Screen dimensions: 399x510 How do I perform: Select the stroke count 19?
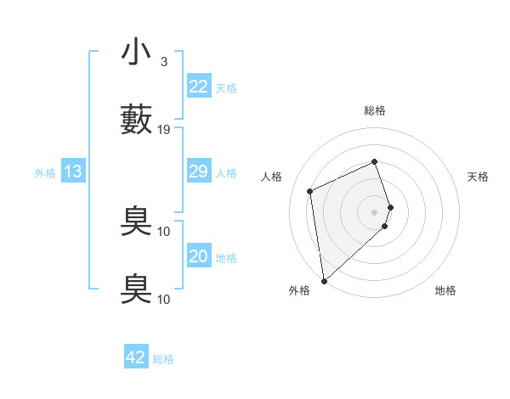(x=164, y=130)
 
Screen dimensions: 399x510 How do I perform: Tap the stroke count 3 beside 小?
(x=164, y=62)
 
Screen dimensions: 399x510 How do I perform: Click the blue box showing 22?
(x=198, y=86)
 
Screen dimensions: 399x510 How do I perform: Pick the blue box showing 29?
(x=198, y=171)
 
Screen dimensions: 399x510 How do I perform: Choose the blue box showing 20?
(x=198, y=256)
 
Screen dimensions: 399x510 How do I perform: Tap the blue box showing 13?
(x=73, y=171)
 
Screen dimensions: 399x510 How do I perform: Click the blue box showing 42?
(x=136, y=357)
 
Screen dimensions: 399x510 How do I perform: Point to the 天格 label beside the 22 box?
(x=226, y=88)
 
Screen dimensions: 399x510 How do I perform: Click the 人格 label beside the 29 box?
(x=226, y=173)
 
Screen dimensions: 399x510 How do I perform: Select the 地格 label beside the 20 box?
(x=226, y=258)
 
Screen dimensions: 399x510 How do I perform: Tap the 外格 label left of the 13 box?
(x=45, y=173)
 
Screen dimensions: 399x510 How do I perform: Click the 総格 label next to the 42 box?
(x=163, y=359)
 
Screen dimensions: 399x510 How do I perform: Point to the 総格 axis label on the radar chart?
(x=375, y=111)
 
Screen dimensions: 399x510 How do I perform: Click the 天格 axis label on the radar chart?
(x=479, y=177)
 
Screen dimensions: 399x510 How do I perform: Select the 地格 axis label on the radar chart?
(x=445, y=291)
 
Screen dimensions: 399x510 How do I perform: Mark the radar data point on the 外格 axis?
(x=324, y=280)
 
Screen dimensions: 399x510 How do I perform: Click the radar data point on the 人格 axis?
(x=310, y=191)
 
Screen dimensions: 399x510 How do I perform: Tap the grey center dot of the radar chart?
(x=375, y=211)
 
